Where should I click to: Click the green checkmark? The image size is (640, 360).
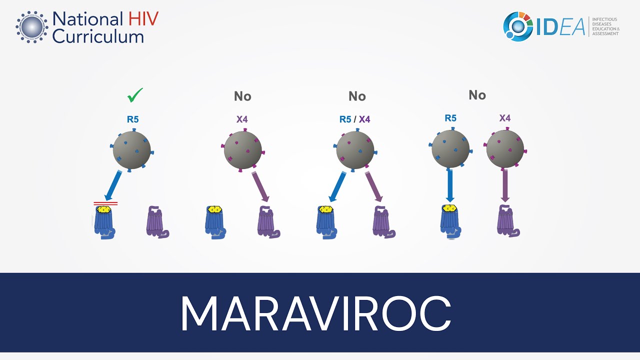click(135, 94)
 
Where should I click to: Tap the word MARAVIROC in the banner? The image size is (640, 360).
click(315, 313)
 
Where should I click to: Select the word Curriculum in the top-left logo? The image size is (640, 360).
click(98, 36)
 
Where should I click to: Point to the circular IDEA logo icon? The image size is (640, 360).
click(518, 26)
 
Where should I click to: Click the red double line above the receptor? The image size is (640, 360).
click(105, 203)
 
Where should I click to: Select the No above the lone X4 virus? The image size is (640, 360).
click(242, 96)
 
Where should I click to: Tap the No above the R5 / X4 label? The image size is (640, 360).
click(357, 96)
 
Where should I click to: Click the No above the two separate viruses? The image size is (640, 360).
click(477, 95)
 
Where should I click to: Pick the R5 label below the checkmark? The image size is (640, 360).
click(132, 119)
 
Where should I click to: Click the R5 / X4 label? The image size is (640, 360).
click(354, 119)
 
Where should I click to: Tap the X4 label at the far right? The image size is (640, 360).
click(505, 118)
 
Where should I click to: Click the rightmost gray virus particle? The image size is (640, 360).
click(505, 149)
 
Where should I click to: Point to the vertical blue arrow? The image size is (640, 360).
click(450, 185)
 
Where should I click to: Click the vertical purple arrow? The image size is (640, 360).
click(505, 185)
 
